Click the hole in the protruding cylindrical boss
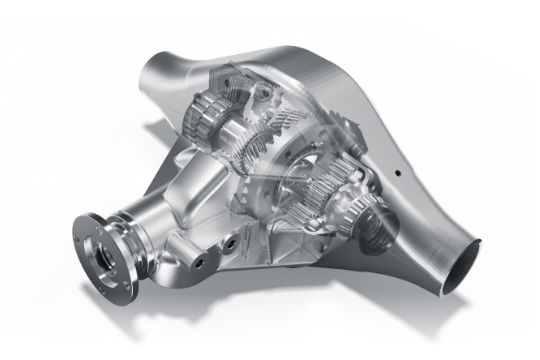(199, 261)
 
